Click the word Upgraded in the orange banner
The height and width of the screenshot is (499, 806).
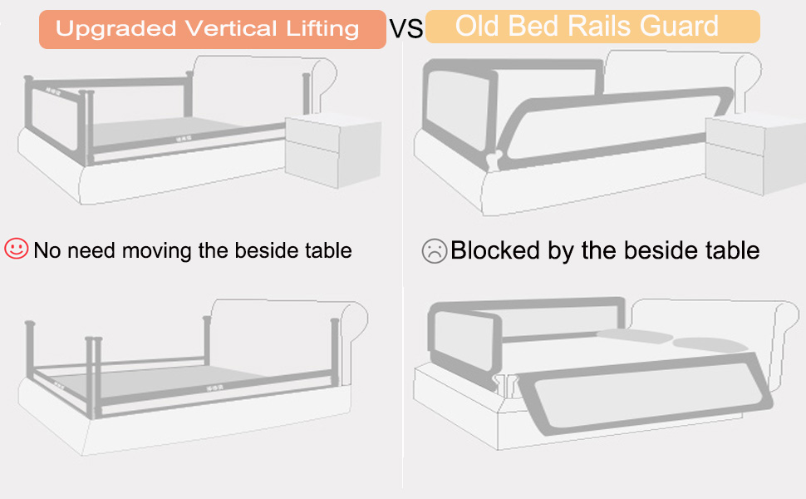[x=115, y=29]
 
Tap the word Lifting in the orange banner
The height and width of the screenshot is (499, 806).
[x=322, y=29]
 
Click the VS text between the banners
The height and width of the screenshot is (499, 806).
[x=406, y=29]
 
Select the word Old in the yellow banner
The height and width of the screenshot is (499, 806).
[x=478, y=26]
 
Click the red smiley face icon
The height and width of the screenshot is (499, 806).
[x=17, y=249]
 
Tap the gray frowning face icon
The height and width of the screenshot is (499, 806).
[x=435, y=251]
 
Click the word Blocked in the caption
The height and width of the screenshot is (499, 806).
[x=495, y=250]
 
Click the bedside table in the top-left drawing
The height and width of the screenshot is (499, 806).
[x=333, y=151]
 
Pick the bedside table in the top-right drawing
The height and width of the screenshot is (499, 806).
[x=755, y=156]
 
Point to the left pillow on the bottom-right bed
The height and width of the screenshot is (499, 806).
[x=635, y=336]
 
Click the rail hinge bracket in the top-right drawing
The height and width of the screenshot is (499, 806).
[x=494, y=160]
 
